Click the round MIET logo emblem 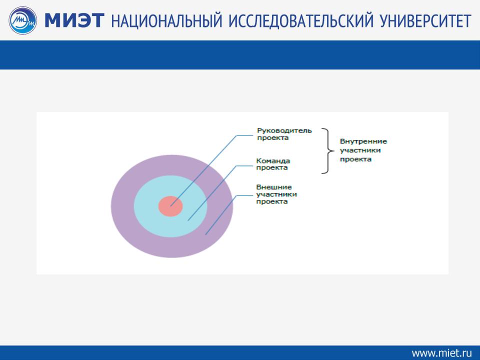(23, 20)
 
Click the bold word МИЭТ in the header (74, 20)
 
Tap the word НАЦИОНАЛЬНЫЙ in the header (166, 21)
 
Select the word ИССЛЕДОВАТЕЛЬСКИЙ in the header (301, 21)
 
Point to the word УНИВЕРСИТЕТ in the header (425, 21)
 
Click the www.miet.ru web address (441, 352)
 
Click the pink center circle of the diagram (170, 206)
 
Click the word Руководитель (284, 130)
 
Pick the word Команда (273, 160)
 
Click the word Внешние (274, 187)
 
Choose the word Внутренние (363, 141)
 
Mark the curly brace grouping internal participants (328, 151)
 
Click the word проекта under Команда (272, 168)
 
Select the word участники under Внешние (276, 194)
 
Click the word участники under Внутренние (360, 150)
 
